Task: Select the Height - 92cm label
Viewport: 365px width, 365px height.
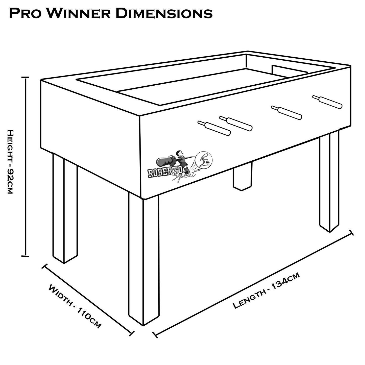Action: tap(10, 162)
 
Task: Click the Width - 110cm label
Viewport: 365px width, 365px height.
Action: tap(74, 306)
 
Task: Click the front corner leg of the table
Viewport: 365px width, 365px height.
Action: tap(144, 260)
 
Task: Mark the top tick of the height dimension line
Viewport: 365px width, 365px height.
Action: tap(26, 77)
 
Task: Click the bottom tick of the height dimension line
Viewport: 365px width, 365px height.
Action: tap(26, 256)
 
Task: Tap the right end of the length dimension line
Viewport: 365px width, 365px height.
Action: tap(351, 233)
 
